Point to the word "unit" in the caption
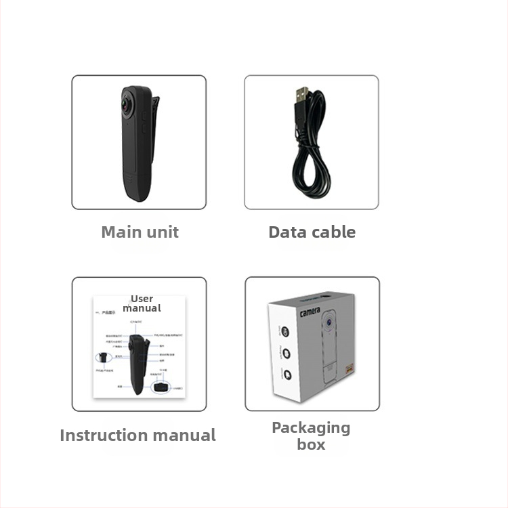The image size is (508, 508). click(163, 232)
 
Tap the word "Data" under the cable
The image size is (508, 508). click(289, 232)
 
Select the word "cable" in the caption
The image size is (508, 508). click(334, 232)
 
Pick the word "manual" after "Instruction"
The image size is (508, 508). click(184, 436)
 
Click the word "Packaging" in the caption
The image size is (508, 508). click(311, 428)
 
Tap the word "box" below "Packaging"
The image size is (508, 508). click(311, 445)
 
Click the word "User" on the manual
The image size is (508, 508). click(142, 299)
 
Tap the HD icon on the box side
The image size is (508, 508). click(284, 333)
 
